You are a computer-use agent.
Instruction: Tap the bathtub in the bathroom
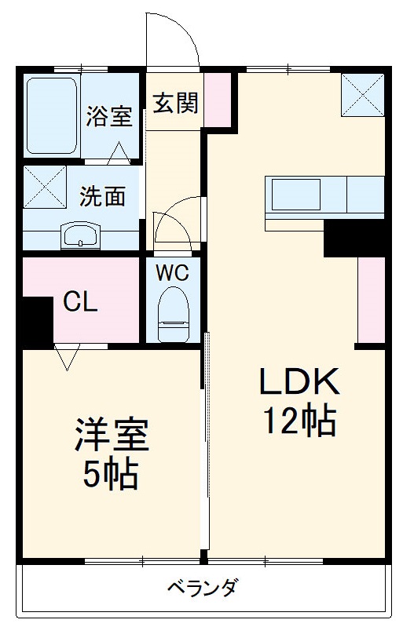(x=52, y=115)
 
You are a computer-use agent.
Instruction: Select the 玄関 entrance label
(x=175, y=103)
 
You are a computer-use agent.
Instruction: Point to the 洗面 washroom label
(x=102, y=195)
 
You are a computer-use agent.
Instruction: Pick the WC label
(x=172, y=274)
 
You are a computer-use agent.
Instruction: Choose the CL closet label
(x=81, y=302)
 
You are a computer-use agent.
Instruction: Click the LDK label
(x=299, y=383)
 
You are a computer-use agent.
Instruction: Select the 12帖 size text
(x=299, y=421)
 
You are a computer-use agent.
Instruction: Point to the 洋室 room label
(x=112, y=436)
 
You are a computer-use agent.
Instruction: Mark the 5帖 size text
(x=112, y=475)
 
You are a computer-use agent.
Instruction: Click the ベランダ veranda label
(x=202, y=587)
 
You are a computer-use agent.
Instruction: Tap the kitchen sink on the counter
(x=295, y=194)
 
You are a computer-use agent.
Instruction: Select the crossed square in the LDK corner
(x=363, y=96)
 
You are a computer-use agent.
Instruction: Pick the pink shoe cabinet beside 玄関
(x=220, y=100)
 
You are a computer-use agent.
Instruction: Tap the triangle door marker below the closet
(x=68, y=357)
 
